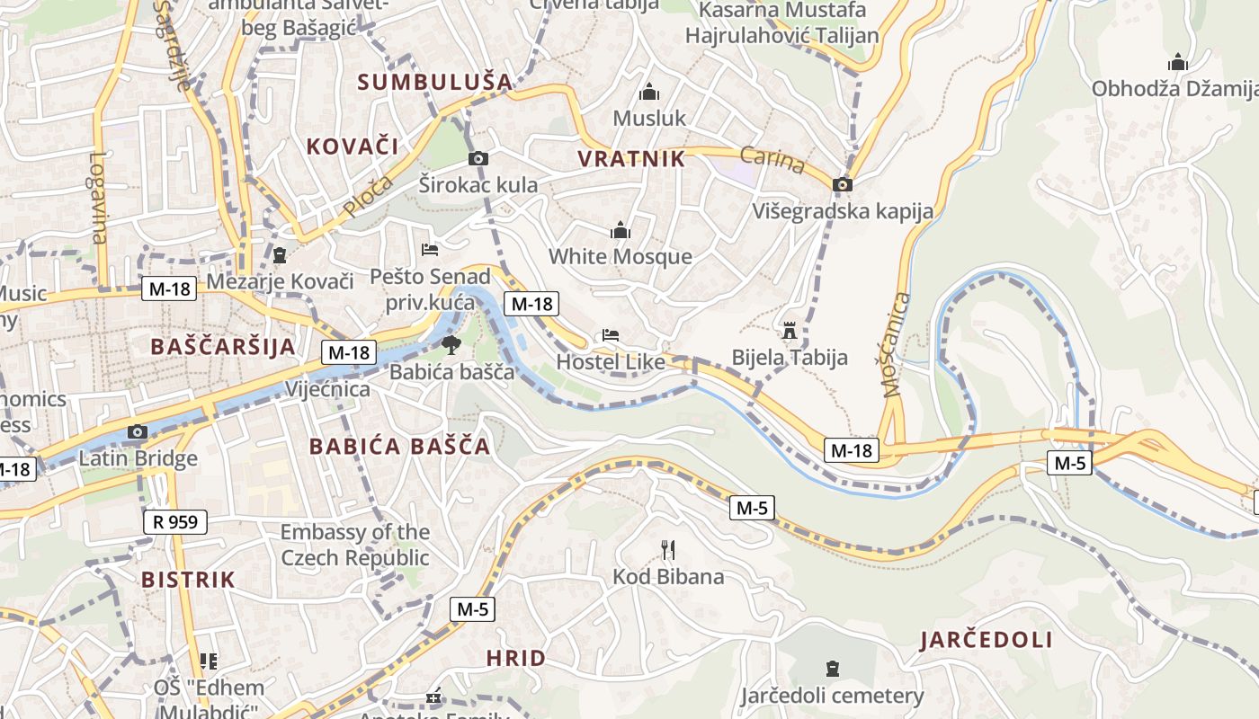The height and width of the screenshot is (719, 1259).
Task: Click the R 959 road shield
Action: click(x=175, y=522)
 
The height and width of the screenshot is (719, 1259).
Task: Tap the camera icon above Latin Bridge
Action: click(x=138, y=432)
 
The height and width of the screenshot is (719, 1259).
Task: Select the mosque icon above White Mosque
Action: click(x=621, y=231)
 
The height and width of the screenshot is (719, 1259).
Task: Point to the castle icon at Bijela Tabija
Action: click(x=790, y=331)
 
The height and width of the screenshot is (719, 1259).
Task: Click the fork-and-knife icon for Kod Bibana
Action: click(x=667, y=549)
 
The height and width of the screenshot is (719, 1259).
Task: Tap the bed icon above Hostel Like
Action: click(x=611, y=335)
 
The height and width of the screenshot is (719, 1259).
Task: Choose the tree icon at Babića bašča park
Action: click(x=451, y=344)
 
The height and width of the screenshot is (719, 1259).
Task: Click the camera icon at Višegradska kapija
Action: click(x=843, y=184)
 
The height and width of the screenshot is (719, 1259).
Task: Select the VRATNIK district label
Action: click(x=631, y=160)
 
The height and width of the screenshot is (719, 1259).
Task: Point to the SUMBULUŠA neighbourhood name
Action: click(x=435, y=82)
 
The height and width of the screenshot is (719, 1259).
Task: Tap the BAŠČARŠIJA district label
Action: click(x=223, y=347)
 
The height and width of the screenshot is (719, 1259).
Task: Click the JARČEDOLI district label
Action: click(x=987, y=641)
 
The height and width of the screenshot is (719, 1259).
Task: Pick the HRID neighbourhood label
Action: click(x=516, y=658)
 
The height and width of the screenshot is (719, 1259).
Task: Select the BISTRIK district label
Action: click(x=188, y=580)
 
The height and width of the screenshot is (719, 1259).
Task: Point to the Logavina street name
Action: click(x=98, y=198)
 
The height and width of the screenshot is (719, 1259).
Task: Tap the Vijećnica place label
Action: click(x=327, y=389)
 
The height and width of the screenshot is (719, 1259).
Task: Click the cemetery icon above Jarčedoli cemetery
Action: click(x=833, y=669)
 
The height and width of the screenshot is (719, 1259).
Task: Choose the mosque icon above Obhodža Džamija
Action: click(x=1177, y=63)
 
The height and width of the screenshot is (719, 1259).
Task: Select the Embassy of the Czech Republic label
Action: click(x=355, y=545)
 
